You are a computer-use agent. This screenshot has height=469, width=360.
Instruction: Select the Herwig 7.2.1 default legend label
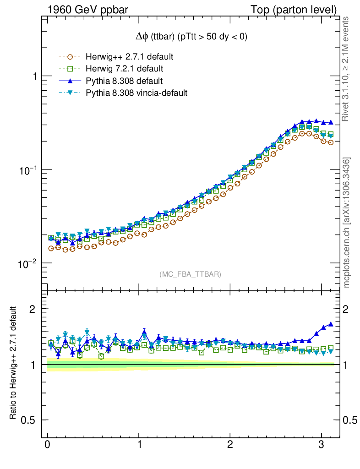125,69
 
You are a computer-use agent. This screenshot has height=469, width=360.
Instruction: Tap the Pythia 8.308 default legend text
124,81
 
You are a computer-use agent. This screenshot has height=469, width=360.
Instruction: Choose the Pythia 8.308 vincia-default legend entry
136,93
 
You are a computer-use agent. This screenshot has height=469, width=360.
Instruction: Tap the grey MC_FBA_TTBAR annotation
191,274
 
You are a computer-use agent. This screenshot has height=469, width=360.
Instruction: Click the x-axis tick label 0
47,445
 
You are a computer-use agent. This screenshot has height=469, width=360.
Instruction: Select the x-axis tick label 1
139,445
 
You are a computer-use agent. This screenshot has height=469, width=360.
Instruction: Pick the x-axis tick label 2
230,445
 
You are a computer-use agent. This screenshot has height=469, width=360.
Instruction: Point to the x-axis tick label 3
322,445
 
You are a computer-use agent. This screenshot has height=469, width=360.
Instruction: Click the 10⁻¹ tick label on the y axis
28,170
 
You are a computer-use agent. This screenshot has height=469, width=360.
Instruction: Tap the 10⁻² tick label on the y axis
28,264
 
